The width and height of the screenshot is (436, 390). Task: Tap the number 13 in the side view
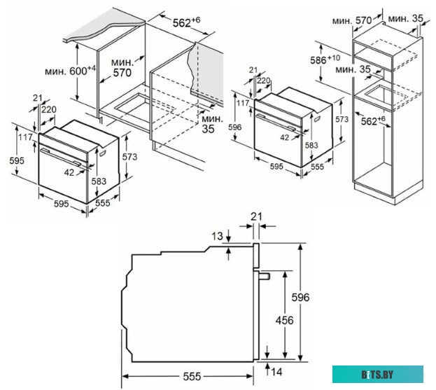217,237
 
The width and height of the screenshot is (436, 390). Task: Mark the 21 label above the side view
256,217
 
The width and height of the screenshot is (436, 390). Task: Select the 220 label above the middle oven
263,81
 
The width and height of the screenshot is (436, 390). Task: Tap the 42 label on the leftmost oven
70,172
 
